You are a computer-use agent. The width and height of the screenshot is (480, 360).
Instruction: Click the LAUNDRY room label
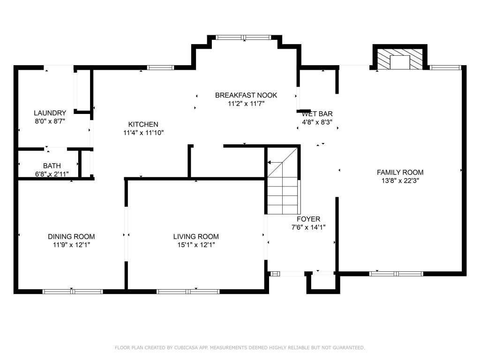coord(50,113)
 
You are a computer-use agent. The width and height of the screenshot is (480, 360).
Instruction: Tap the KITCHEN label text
coord(143,124)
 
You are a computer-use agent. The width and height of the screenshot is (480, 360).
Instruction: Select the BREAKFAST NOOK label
coord(246,95)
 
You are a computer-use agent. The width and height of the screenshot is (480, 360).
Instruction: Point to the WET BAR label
coord(317,114)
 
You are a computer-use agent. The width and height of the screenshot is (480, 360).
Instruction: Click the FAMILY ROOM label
coord(400,172)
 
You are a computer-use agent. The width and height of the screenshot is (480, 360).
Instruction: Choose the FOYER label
coord(308,219)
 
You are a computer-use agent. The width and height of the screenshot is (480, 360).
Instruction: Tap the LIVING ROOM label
coord(196,237)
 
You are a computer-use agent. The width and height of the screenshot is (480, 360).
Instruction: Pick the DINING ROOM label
coord(71,237)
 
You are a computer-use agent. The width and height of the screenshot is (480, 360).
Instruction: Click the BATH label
coord(52,166)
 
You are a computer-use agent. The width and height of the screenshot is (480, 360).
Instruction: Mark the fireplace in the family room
coord(399,59)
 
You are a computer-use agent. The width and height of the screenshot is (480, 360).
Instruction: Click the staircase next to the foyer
coord(283,180)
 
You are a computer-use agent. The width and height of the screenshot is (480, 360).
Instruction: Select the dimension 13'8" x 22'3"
coord(400,180)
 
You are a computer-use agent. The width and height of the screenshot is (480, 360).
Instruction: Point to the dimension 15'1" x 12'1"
coord(196,245)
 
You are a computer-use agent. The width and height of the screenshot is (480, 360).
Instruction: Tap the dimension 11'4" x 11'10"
coord(143,133)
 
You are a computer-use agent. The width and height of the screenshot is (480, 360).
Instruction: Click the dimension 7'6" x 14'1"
coord(308,227)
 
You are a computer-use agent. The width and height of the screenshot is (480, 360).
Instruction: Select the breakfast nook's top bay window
coord(243,37)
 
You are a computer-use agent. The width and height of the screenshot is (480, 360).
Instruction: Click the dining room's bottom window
coord(73,292)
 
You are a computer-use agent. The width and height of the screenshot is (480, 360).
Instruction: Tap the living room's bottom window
coord(188,292)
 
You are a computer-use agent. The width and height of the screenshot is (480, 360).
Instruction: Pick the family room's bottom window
coord(396,274)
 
